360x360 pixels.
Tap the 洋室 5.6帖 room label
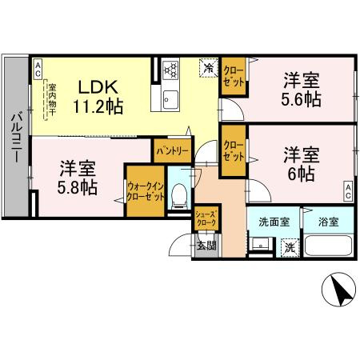coord(302,90)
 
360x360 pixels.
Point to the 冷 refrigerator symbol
coord(206,70)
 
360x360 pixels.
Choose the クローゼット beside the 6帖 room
coord(234,150)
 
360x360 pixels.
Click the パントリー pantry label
coord(172,150)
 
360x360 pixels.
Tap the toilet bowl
coord(181,194)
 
